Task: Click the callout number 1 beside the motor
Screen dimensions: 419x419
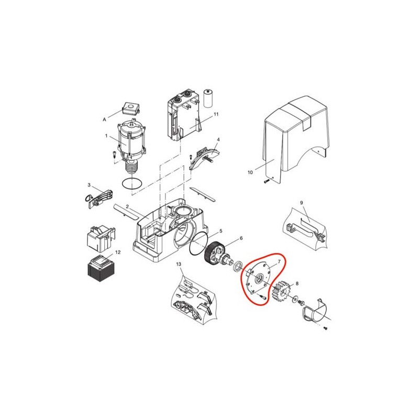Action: coord(106,136)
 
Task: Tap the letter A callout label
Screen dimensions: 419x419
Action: coord(104,120)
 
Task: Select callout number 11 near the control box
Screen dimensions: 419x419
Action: coord(216,114)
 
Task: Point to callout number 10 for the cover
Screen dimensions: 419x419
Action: coord(250,172)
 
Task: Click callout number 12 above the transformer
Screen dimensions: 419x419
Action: coord(118,252)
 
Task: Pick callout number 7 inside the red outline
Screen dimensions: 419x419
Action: coord(279,261)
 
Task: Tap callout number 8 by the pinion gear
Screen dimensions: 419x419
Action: coord(297,283)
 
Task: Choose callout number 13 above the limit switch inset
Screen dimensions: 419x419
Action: coord(179,264)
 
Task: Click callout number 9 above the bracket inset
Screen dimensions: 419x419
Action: coord(302,203)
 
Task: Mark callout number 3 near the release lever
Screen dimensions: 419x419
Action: coord(89,185)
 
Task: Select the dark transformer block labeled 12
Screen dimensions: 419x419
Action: coord(102,270)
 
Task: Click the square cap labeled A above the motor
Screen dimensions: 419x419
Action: coord(130,109)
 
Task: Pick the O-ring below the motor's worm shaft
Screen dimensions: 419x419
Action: coord(132,184)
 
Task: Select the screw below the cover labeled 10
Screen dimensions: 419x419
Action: coord(266,181)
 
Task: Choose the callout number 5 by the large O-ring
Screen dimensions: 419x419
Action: coord(220,230)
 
